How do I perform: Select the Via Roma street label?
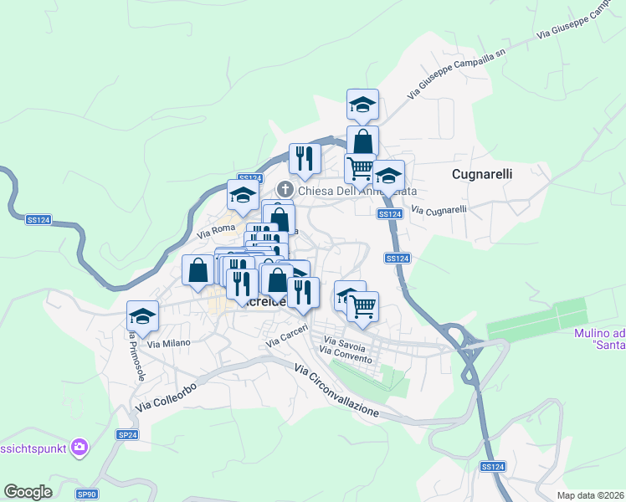coord(217,228)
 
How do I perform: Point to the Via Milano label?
coord(169,343)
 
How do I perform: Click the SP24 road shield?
coord(127,435)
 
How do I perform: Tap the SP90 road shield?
coord(87,494)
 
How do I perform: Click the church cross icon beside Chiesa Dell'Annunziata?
coord(285,190)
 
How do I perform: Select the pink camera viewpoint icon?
coord(80,448)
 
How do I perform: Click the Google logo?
coord(28,492)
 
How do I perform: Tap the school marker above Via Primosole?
coord(142,317)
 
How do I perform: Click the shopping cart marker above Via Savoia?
coord(362,306)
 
